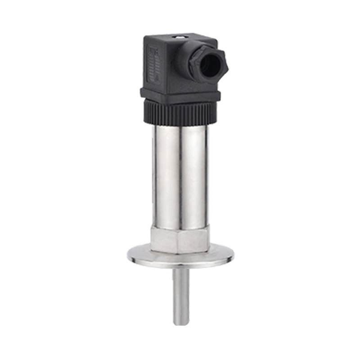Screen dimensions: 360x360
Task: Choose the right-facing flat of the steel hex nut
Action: pos(195,239)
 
